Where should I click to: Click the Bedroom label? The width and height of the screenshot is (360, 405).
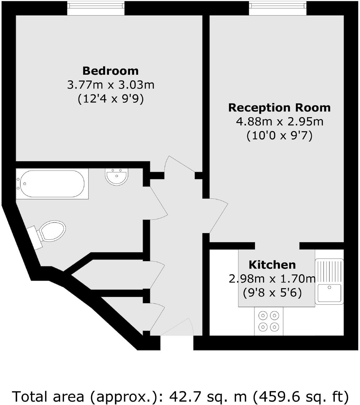[x=110, y=71]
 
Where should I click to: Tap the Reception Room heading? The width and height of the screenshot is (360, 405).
[x=279, y=108]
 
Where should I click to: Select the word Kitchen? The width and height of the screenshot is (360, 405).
[x=272, y=265]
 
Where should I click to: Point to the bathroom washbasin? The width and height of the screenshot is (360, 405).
[x=117, y=176]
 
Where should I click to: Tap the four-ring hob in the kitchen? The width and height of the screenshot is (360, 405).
[x=268, y=321]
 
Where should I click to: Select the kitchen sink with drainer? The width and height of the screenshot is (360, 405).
[x=329, y=281]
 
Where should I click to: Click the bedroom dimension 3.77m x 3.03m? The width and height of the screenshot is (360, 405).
[x=110, y=85]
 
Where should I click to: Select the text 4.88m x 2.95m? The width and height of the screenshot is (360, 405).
[x=279, y=121]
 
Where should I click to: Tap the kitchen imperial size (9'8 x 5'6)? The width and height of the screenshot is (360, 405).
[x=272, y=293]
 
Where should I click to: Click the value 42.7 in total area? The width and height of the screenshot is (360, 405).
[x=180, y=397]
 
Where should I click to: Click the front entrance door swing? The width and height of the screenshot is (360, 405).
[x=178, y=328]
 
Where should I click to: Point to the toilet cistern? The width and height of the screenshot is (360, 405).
[x=34, y=237]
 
